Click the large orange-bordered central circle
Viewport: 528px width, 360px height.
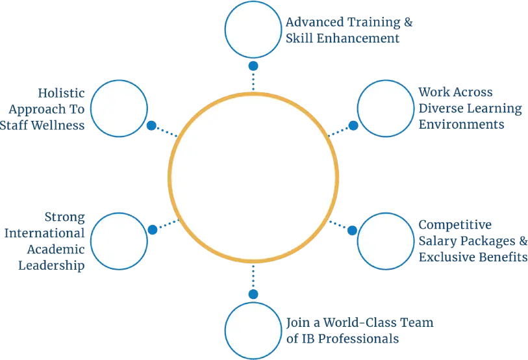(x=253, y=179)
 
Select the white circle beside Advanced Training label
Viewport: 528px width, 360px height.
(x=253, y=29)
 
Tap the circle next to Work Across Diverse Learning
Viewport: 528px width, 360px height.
(x=386, y=108)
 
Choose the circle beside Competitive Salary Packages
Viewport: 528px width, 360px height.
(x=386, y=240)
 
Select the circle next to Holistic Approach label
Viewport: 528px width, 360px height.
(x=119, y=108)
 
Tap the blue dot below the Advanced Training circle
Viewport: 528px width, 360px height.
(x=253, y=66)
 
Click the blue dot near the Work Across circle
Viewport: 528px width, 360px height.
(x=353, y=125)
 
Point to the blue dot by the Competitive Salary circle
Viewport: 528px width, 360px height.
(x=353, y=230)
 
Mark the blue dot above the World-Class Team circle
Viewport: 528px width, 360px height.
(x=253, y=294)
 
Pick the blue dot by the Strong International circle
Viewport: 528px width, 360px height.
(x=152, y=230)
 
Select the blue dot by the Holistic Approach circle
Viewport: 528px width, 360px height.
(x=151, y=125)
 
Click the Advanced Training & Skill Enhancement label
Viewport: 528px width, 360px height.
(x=350, y=31)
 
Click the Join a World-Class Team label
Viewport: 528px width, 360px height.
(x=360, y=330)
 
